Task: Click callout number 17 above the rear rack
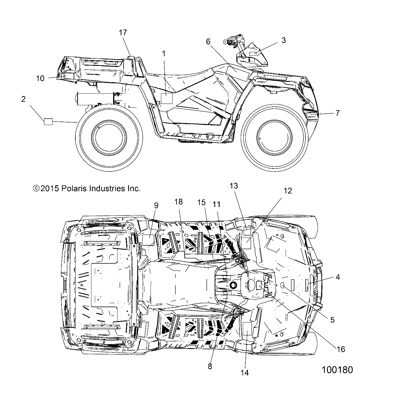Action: [x=123, y=32]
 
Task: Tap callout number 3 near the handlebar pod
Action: [x=283, y=40]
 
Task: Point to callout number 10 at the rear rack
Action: [x=40, y=78]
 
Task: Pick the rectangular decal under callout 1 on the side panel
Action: [x=167, y=98]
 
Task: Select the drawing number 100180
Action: [x=337, y=370]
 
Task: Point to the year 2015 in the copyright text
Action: [x=50, y=189]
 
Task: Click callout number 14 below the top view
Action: [x=245, y=373]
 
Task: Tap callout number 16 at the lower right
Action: [x=341, y=349]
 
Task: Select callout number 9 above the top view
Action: [x=156, y=206]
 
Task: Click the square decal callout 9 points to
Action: [x=148, y=240]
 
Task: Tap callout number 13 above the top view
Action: [x=234, y=186]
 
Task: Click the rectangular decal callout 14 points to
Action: [x=247, y=329]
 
